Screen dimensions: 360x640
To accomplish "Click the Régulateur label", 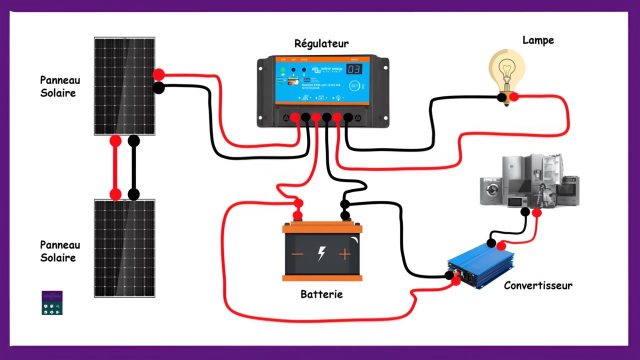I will tap(321, 43).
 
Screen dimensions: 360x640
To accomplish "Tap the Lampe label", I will tap(538, 40).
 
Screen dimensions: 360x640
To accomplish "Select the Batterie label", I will tap(321, 294).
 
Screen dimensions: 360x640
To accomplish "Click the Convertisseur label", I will tap(538, 286).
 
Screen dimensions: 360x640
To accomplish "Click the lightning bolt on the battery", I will tap(321, 253).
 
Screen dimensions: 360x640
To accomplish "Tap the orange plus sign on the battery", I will tap(345, 254).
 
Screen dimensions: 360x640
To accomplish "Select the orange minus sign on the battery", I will tap(297, 254).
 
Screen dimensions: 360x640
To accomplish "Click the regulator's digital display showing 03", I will tap(354, 69).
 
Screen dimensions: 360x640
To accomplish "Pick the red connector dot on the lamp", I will tap(513, 97).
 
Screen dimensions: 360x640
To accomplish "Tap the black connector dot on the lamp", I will tap(501, 97).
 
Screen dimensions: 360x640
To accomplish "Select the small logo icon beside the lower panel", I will tap(52, 302).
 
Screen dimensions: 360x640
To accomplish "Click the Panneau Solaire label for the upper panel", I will tap(59, 86).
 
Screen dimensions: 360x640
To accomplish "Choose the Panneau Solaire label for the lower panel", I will tap(59, 251).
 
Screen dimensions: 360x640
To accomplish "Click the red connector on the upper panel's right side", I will tap(158, 75).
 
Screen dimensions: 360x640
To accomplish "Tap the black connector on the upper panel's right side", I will tap(158, 88).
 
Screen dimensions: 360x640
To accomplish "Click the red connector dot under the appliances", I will tap(536, 213).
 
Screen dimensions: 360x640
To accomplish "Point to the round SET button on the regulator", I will tap(354, 86).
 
